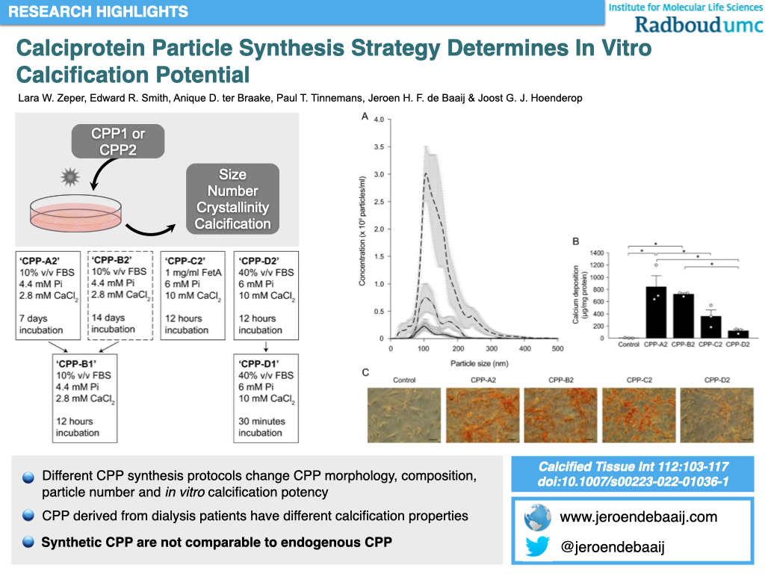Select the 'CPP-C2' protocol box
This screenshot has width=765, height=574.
[x=195, y=295]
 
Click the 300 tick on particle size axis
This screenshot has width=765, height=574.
[x=491, y=349]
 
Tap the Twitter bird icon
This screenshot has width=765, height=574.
[x=537, y=547]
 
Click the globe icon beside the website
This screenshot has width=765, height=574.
[x=537, y=517]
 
